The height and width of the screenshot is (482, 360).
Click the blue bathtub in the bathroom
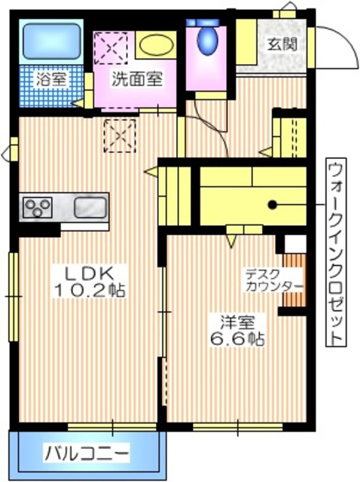click(49, 42)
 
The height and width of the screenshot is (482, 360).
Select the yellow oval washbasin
click(156, 43)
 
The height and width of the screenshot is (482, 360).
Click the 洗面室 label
click(133, 78)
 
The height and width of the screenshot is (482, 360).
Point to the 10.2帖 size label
click(89, 290)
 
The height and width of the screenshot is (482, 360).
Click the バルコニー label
click(85, 453)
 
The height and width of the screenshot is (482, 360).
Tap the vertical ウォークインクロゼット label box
click(335, 252)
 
